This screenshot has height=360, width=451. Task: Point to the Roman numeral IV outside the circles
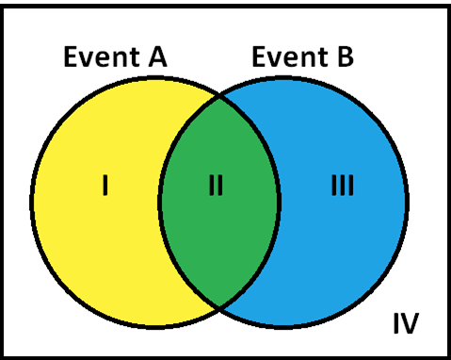(x=405, y=324)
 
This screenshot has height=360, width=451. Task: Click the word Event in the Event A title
(x=96, y=57)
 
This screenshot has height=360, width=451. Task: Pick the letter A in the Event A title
(x=154, y=57)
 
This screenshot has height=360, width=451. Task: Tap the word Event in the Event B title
(x=284, y=57)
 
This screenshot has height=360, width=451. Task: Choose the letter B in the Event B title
(x=344, y=57)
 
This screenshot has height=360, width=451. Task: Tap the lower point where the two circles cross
(x=219, y=307)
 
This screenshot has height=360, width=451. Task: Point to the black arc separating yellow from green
(x=159, y=201)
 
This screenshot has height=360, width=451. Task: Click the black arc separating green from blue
(x=280, y=201)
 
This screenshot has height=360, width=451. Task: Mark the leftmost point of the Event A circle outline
(x=31, y=202)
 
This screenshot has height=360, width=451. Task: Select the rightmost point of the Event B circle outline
(x=408, y=202)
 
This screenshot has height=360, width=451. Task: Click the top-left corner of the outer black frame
(x=3, y=3)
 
